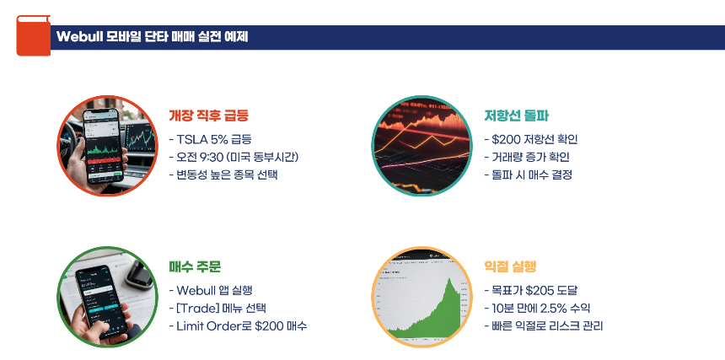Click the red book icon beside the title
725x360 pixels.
point(32,35)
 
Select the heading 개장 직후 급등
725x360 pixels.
point(208,116)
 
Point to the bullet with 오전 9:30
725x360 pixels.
point(235,157)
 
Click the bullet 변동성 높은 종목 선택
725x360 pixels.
point(223,175)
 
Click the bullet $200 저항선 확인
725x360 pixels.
point(530,138)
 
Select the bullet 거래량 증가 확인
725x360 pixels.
point(527,157)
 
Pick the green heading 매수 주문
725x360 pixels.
point(195,266)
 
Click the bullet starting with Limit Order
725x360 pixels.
point(238,325)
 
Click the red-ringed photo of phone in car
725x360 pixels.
point(101,146)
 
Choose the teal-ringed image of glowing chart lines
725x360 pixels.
point(416,146)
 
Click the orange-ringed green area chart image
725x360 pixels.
point(416,297)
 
